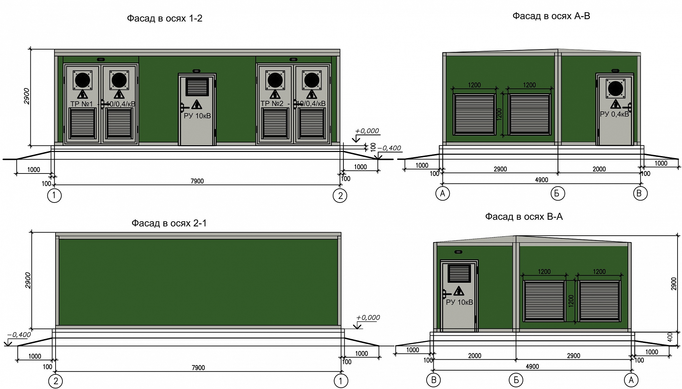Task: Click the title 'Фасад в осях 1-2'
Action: tap(165, 18)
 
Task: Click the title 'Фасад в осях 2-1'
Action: tap(169, 223)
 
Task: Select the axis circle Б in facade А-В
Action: tap(558, 194)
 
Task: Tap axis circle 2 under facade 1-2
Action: tap(340, 196)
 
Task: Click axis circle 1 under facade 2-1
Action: tap(341, 381)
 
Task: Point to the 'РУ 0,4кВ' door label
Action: tap(614, 114)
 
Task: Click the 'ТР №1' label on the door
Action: tap(81, 103)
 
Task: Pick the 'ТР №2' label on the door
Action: tap(272, 103)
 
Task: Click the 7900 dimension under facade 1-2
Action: tap(197, 181)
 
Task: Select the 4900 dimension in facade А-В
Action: tap(542, 180)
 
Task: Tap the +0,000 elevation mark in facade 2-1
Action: tap(368, 318)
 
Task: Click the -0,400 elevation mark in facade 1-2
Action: tap(389, 148)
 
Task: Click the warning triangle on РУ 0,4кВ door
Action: tap(616, 104)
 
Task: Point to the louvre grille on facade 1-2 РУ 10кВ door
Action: tap(197, 87)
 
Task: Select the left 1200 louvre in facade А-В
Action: tap(474, 114)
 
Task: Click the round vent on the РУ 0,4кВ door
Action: tap(616, 89)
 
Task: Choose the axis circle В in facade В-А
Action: tap(434, 380)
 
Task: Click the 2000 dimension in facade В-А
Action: tap(475, 356)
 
